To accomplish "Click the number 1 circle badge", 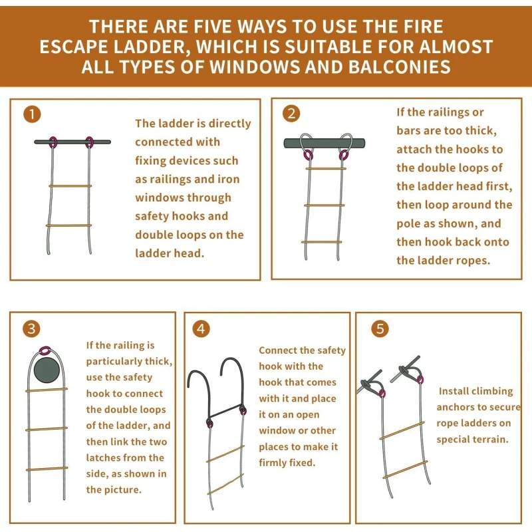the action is coord(32,114).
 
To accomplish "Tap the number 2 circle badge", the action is coord(291,113).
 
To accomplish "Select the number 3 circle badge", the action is coord(31,329).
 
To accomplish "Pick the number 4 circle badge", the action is coord(201,329).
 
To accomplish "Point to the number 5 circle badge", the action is coord(380,329).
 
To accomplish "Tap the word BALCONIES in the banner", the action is coord(400,66).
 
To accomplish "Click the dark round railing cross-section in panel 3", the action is coord(47,370).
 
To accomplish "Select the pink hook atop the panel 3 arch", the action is coord(45,350).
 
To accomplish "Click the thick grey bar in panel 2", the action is coord(325,143).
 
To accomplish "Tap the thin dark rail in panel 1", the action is coord(72,142).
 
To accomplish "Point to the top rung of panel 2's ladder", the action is coord(326,168).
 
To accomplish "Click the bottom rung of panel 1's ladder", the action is coord(69,225).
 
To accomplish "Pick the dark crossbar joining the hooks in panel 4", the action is coord(225,410).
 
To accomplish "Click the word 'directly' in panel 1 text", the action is coord(229,124).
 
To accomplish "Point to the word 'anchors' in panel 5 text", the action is coord(455,407).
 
